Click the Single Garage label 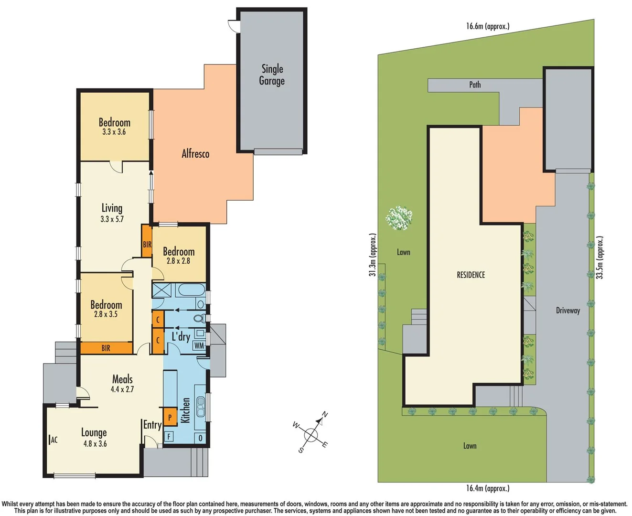click(272, 75)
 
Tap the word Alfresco click(195, 154)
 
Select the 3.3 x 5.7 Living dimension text click(112, 219)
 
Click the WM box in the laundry click(199, 345)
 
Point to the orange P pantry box click(170, 418)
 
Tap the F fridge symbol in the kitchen click(169, 436)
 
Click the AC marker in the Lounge click(54, 440)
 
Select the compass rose click(311, 434)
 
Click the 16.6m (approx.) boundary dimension click(488, 26)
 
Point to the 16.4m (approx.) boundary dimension click(488, 488)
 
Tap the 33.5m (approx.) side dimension click(600, 258)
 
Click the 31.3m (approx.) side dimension click(373, 255)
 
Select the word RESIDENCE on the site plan click(471, 275)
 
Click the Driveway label click(568, 311)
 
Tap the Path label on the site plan click(475, 85)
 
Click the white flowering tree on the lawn click(399, 218)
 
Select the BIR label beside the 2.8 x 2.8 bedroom click(147, 244)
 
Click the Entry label click(152, 425)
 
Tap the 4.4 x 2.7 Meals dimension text click(122, 389)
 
